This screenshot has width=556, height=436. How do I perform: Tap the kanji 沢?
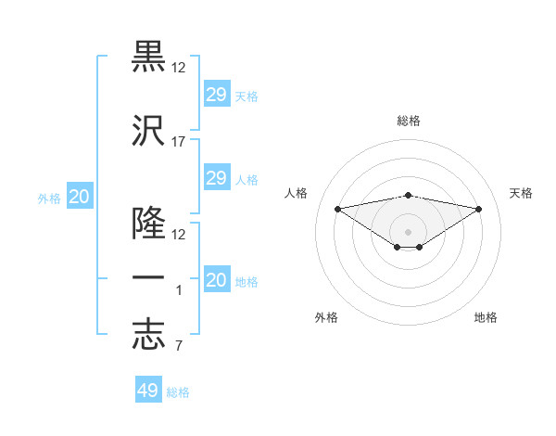pyautogui.click(x=148, y=131)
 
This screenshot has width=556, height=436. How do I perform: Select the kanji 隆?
pyautogui.click(x=148, y=224)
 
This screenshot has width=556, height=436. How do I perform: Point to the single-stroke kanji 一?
pyautogui.click(x=148, y=280)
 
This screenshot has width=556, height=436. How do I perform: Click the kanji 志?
pyautogui.click(x=148, y=336)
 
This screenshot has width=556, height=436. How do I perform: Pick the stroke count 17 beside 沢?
pyautogui.click(x=179, y=142)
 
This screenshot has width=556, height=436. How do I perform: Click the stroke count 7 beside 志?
pyautogui.click(x=179, y=347)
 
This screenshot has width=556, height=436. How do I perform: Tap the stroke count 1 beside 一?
pyautogui.click(x=179, y=291)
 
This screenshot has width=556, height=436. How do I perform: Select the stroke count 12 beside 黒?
pyautogui.click(x=179, y=68)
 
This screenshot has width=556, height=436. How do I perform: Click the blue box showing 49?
pyautogui.click(x=148, y=391)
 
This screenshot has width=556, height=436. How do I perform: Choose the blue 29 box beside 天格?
pyautogui.click(x=216, y=95)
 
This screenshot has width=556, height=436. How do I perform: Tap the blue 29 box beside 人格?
pyautogui.click(x=216, y=178)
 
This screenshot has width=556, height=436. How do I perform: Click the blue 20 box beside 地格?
pyautogui.click(x=216, y=280)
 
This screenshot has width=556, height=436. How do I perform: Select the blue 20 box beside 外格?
pyautogui.click(x=80, y=197)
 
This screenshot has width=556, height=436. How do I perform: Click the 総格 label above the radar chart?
pyautogui.click(x=409, y=121)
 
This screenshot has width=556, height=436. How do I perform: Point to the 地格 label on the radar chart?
pyautogui.click(x=486, y=317)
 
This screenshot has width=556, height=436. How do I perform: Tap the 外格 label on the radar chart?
pyautogui.click(x=326, y=317)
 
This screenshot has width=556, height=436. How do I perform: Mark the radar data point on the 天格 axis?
pyautogui.click(x=479, y=208)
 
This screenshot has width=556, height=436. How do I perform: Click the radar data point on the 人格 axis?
pyautogui.click(x=337, y=208)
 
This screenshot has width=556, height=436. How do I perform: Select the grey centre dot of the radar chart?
pyautogui.click(x=408, y=231)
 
